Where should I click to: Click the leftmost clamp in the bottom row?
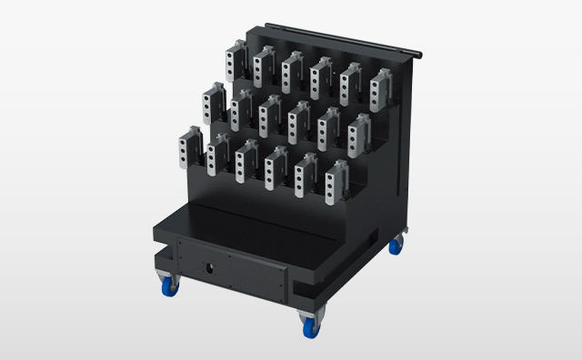point(191,147)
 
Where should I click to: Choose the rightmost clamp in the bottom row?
point(336,183)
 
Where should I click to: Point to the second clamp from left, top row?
point(265,65)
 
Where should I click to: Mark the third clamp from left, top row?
point(292,73)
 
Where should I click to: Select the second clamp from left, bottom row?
point(218,156)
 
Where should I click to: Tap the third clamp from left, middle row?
point(270,116)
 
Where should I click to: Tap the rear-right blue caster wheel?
point(396,245)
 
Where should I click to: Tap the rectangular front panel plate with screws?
point(232,272)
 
